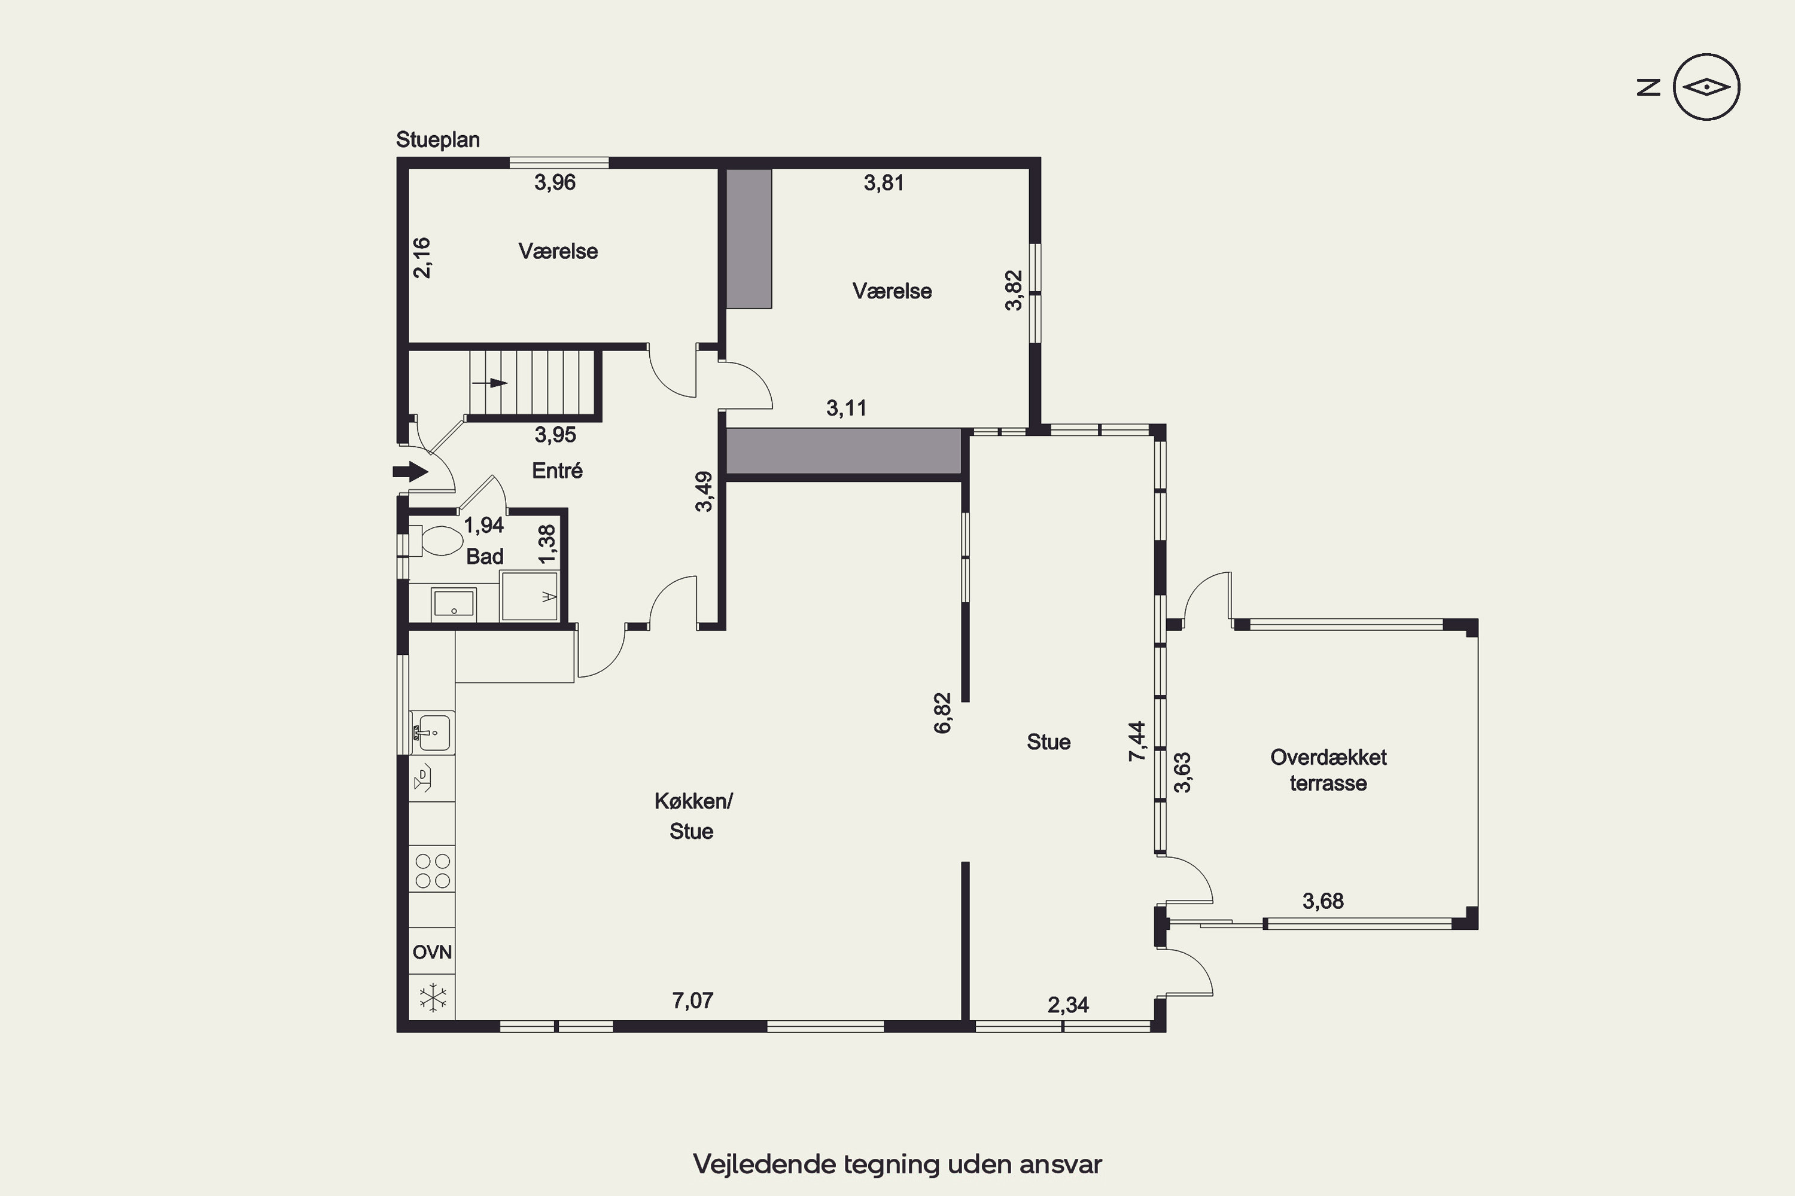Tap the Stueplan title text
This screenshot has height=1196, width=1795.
coord(437,139)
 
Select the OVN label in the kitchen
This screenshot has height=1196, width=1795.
coord(432,952)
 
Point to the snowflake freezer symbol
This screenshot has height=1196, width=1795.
coord(433,997)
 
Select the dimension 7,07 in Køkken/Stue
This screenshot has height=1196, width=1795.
coord(692,1000)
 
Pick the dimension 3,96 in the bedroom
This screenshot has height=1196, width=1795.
coord(555,182)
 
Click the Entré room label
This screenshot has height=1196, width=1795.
coord(557,471)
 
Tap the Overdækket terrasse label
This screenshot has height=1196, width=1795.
coord(1328,770)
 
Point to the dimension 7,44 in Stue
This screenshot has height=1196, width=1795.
coord(1137,741)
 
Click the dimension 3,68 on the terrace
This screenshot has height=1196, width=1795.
coord(1322,901)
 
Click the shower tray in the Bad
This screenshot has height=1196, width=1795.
coord(530,596)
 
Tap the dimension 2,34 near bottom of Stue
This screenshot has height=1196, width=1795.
coord(1067,1005)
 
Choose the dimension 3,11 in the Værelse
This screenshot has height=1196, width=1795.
coord(847,408)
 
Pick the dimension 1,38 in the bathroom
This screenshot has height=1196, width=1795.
coord(547,545)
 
